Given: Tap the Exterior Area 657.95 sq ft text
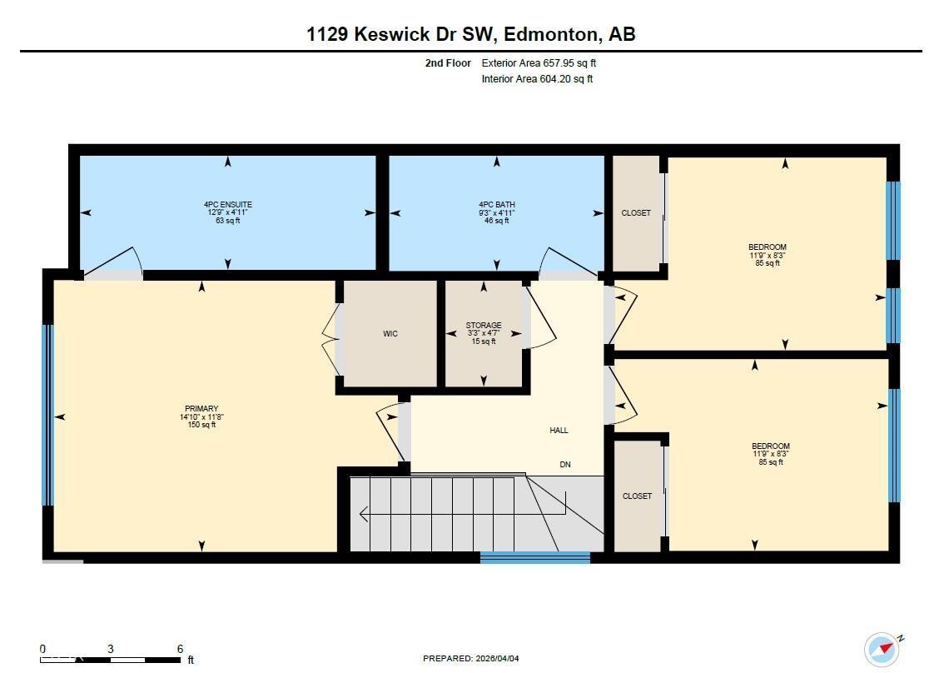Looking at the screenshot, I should pos(539,63).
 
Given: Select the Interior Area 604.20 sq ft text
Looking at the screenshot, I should pos(537,79).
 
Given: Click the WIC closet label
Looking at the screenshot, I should pos(390,334).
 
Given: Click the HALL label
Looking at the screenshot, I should pos(559,431).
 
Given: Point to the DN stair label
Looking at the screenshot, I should pos(565,465).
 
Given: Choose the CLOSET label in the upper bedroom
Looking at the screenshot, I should pos(636,213).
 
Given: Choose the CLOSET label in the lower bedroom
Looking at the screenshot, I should pos(637,496).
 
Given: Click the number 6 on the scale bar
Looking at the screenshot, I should pos(180,649).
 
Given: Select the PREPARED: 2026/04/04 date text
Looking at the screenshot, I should pos(470,659).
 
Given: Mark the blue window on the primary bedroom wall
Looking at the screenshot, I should pos(47,415).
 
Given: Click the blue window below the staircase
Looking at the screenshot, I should pos(535,557).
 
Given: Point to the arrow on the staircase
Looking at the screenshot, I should pos(364,514).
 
